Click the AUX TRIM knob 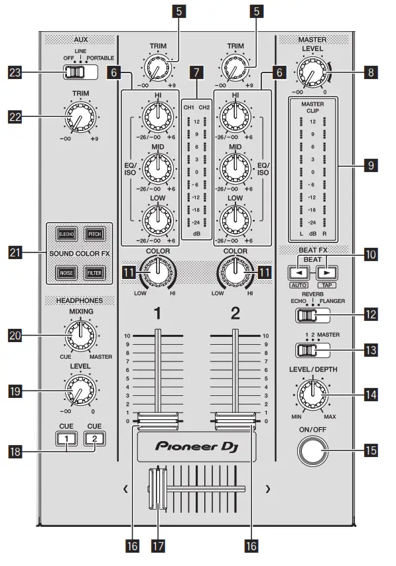[78, 119]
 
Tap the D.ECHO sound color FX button [66, 235]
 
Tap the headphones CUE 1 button [65, 438]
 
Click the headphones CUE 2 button [94, 438]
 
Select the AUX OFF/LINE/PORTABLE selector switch [78, 72]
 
